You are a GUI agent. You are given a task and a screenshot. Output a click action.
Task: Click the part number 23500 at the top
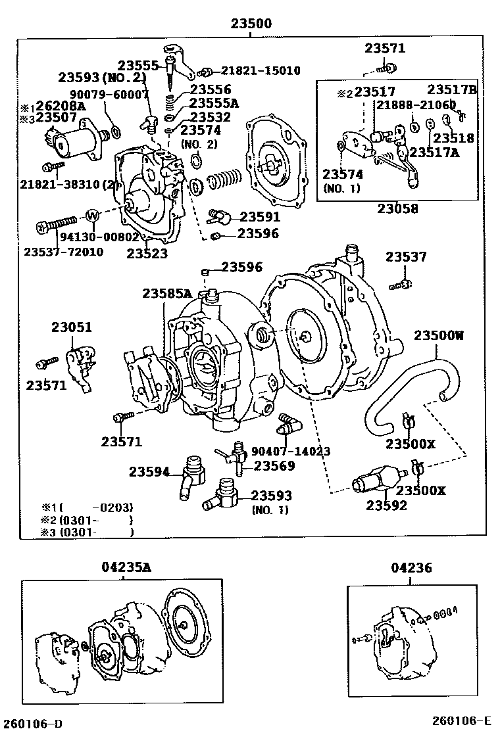(251, 24)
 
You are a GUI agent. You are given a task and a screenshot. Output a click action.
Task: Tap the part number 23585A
(167, 293)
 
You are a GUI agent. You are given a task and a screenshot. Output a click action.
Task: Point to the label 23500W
(438, 335)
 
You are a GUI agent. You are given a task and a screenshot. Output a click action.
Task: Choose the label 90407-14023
(290, 452)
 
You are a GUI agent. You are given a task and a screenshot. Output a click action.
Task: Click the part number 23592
(386, 506)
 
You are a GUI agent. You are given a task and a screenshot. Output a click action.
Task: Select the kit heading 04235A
(126, 567)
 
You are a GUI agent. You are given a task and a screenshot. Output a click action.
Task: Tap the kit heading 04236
(411, 567)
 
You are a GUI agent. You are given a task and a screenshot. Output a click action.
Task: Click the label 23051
(72, 327)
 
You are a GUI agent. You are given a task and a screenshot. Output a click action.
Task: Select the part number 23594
(149, 471)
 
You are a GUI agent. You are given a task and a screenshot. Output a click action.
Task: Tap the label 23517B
(451, 89)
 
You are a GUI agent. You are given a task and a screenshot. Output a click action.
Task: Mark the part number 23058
(397, 209)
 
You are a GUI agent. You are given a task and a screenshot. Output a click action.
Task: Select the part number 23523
(147, 253)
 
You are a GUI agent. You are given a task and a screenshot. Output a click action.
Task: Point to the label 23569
(274, 466)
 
